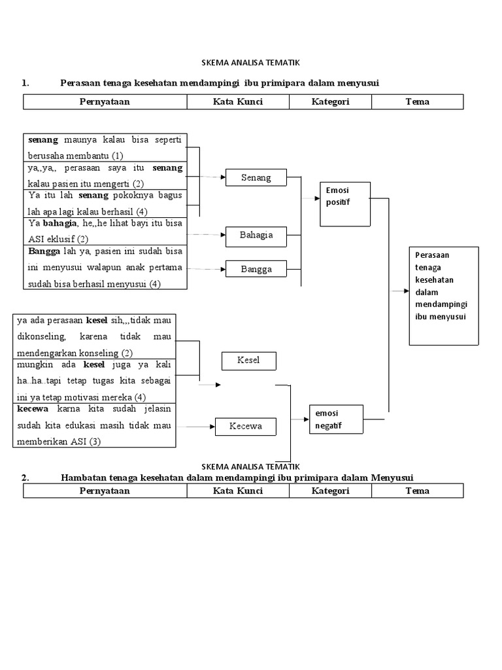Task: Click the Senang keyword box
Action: [x=257, y=177]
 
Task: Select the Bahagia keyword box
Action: [x=257, y=235]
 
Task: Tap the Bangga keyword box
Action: [x=257, y=269]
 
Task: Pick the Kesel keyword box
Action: [x=249, y=361]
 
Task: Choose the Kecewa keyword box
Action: [x=246, y=426]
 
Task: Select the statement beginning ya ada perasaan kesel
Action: [x=94, y=336]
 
